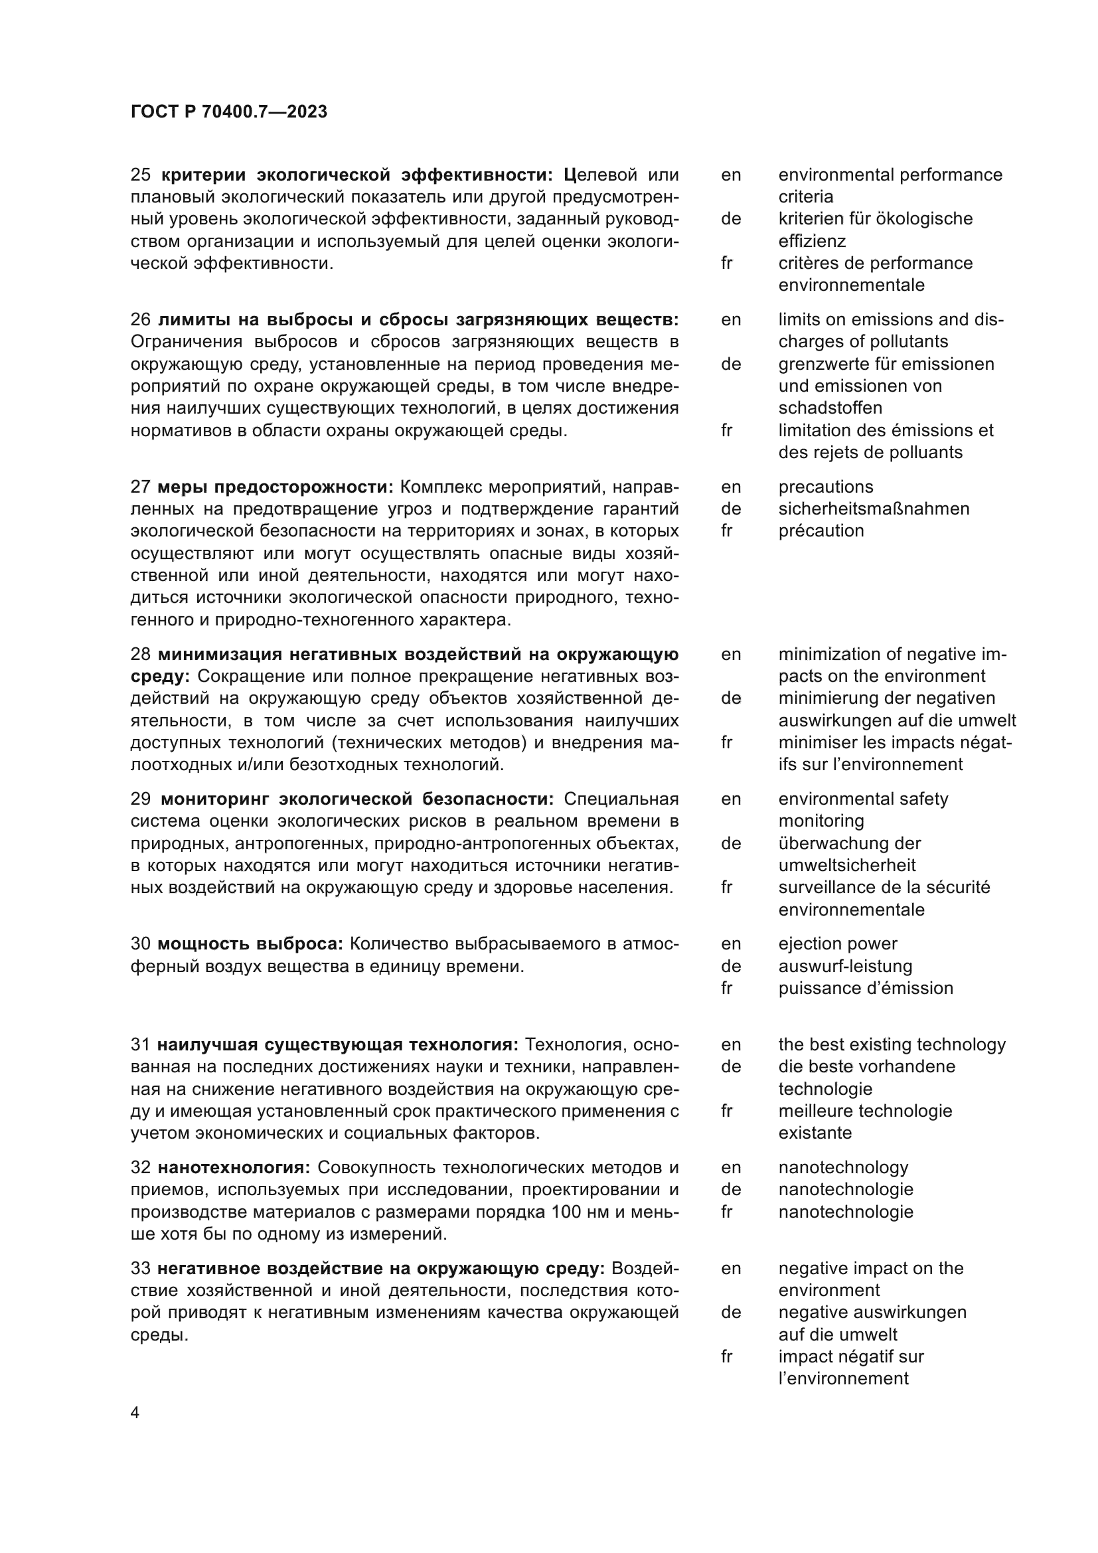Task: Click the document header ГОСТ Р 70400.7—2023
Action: (x=228, y=112)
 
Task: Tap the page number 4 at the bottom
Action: (x=135, y=1413)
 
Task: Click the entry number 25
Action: (x=140, y=175)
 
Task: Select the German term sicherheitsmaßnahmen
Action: (x=874, y=509)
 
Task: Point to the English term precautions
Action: (x=826, y=487)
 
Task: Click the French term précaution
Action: (x=821, y=531)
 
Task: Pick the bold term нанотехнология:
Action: (x=234, y=1167)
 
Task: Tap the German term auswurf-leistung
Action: (x=845, y=966)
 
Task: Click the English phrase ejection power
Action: (x=838, y=943)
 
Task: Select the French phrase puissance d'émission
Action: (x=866, y=988)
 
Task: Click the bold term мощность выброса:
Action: (x=251, y=943)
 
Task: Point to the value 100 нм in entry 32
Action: (x=582, y=1212)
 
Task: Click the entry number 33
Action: (x=140, y=1268)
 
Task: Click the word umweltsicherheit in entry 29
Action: (x=847, y=865)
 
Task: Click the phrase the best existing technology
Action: (x=892, y=1044)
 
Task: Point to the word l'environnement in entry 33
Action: (x=843, y=1378)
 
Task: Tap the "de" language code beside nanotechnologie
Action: (x=731, y=1189)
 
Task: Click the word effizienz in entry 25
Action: (x=812, y=241)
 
